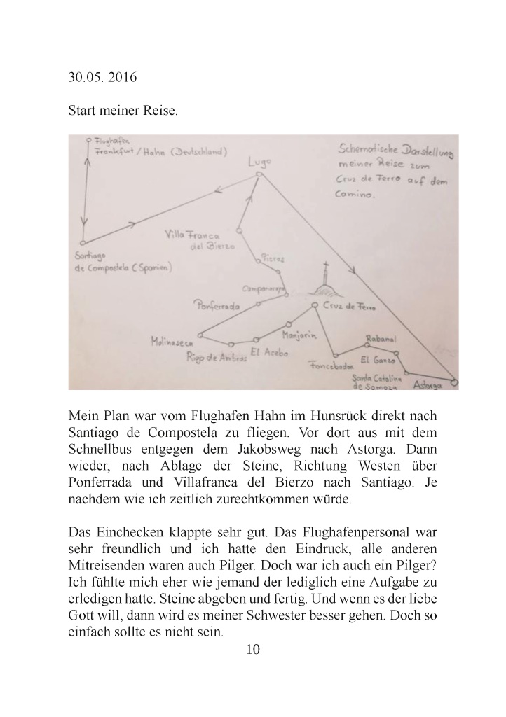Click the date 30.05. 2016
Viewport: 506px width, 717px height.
pos(103,77)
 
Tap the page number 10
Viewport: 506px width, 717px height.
pos(253,650)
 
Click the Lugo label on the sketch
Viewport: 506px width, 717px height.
pos(259,162)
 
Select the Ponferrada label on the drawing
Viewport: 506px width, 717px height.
pos(219,305)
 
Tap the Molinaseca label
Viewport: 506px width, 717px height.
pos(171,342)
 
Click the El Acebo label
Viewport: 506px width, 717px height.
pos(268,354)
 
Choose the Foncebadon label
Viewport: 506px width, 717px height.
pos(330,365)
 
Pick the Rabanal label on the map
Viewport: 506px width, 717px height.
pos(381,340)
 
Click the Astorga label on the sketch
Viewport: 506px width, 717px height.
pos(428,385)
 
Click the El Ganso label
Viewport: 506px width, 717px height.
pos(373,361)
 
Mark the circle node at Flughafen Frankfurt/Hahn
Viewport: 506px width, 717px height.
pos(86,139)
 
